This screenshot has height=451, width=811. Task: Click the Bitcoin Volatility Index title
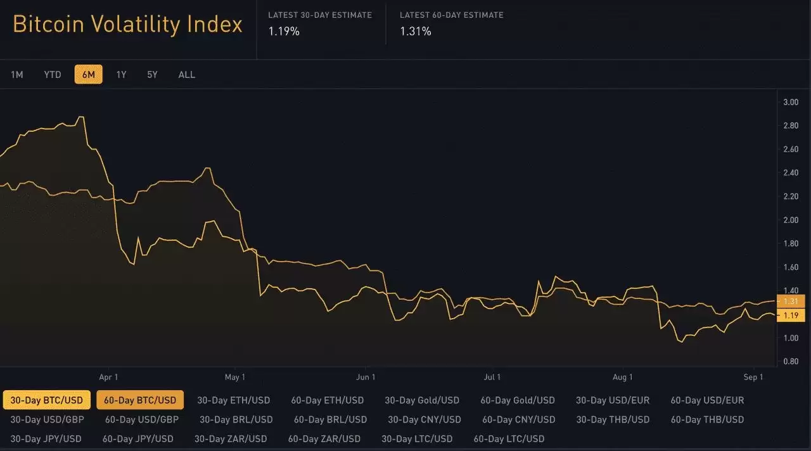click(127, 24)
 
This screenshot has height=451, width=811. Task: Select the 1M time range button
click(17, 75)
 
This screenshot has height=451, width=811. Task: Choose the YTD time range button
click(53, 75)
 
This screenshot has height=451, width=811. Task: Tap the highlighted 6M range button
click(88, 75)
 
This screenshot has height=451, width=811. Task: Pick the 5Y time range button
click(152, 75)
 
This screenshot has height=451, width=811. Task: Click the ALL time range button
click(186, 75)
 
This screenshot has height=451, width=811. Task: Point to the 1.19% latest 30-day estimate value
click(283, 31)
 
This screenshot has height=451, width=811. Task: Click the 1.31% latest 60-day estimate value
click(415, 31)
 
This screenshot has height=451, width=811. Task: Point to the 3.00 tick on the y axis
click(790, 102)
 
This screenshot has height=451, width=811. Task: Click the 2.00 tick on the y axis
click(790, 220)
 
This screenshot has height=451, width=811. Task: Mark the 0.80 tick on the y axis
click(790, 362)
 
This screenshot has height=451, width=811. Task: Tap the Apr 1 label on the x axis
click(108, 378)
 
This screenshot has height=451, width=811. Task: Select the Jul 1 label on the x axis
click(492, 378)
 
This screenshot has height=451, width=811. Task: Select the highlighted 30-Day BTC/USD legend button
click(46, 400)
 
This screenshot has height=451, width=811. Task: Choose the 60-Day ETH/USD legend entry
click(327, 400)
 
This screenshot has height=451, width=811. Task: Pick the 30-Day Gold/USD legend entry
click(421, 400)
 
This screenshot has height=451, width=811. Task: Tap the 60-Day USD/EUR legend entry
click(707, 400)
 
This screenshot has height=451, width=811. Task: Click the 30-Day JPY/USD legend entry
click(46, 438)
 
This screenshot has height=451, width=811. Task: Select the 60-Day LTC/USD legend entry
click(509, 438)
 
